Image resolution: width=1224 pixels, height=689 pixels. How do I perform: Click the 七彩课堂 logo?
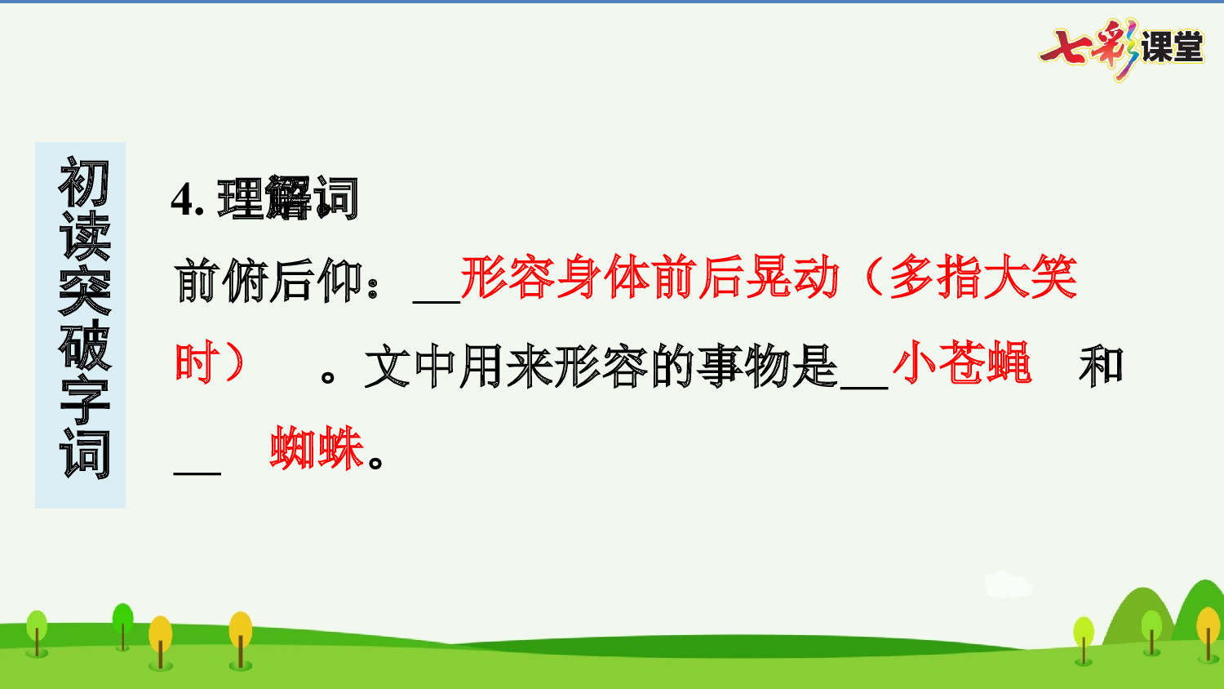[x=1122, y=48]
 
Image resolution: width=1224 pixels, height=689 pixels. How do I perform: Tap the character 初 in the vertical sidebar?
[x=83, y=183]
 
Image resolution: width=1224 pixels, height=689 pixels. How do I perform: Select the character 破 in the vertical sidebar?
[x=83, y=346]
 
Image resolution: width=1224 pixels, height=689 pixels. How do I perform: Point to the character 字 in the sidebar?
[x=83, y=400]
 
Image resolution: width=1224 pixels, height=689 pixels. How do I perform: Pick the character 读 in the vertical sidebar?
[x=83, y=238]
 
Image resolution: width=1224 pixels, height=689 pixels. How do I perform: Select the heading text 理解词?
[x=288, y=198]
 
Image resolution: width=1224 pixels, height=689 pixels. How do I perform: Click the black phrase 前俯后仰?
[x=268, y=281]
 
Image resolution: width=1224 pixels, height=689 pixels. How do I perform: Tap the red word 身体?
[x=602, y=278]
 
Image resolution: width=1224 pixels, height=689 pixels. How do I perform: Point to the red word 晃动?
[x=792, y=278]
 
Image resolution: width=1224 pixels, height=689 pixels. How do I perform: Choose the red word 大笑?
[x=1030, y=278]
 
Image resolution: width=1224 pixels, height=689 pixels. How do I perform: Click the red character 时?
[x=197, y=362]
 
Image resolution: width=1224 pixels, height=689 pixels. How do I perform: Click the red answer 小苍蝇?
[x=962, y=363]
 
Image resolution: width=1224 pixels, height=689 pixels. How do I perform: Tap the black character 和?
[x=1101, y=365]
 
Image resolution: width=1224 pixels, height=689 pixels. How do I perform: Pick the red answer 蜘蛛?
[x=317, y=448]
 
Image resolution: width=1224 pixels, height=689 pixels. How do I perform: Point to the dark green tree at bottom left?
[x=122, y=625]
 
